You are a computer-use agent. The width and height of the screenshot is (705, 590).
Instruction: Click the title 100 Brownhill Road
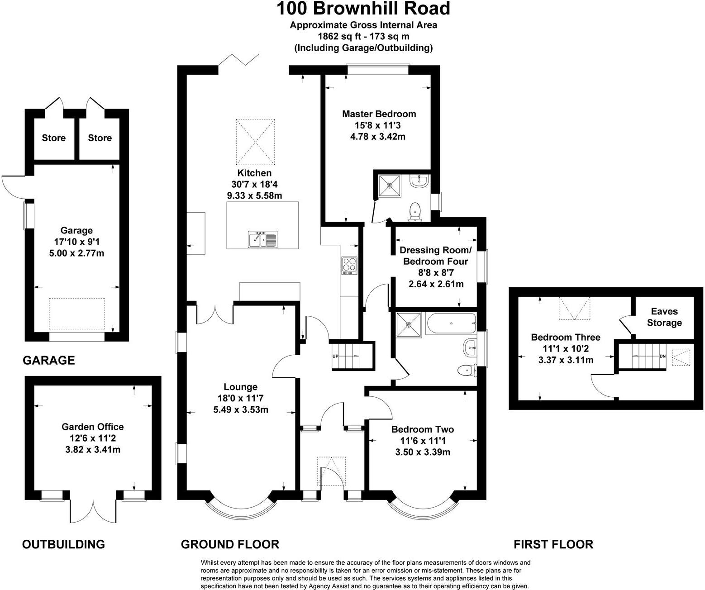coord(363,9)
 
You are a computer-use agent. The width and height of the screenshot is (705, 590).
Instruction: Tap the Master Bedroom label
coord(379,114)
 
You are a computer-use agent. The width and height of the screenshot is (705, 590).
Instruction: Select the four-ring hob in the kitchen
coord(350,266)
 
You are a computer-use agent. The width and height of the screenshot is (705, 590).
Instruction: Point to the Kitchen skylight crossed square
coord(256,143)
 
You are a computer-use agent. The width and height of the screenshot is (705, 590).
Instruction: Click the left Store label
coord(54,138)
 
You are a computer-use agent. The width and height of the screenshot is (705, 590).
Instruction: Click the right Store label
coord(100,138)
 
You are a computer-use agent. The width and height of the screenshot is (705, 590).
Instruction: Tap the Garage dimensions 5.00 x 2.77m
coord(76,253)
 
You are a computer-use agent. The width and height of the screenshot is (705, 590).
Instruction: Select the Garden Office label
coord(92,427)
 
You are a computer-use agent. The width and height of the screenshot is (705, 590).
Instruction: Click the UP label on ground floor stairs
coord(336,356)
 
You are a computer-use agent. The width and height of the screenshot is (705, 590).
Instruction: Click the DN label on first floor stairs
coord(662,356)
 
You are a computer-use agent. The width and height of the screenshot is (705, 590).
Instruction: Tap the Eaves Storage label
coord(664,317)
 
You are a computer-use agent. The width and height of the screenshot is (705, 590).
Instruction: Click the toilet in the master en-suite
coord(415,212)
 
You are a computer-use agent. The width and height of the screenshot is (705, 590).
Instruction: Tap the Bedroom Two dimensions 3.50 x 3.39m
coord(422,452)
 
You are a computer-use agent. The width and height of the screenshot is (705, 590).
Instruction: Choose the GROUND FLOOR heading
coord(230,544)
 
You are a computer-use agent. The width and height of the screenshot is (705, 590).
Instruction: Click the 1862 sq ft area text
coord(363,37)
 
